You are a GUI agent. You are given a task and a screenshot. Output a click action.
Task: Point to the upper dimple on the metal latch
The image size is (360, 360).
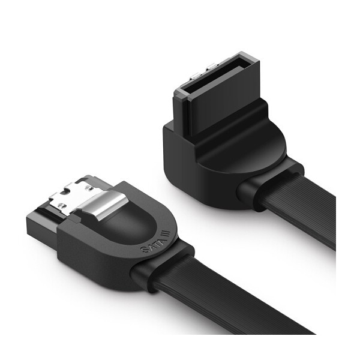[x=88, y=188]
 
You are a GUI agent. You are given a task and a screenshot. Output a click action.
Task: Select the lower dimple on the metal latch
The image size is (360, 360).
[x=61, y=206]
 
